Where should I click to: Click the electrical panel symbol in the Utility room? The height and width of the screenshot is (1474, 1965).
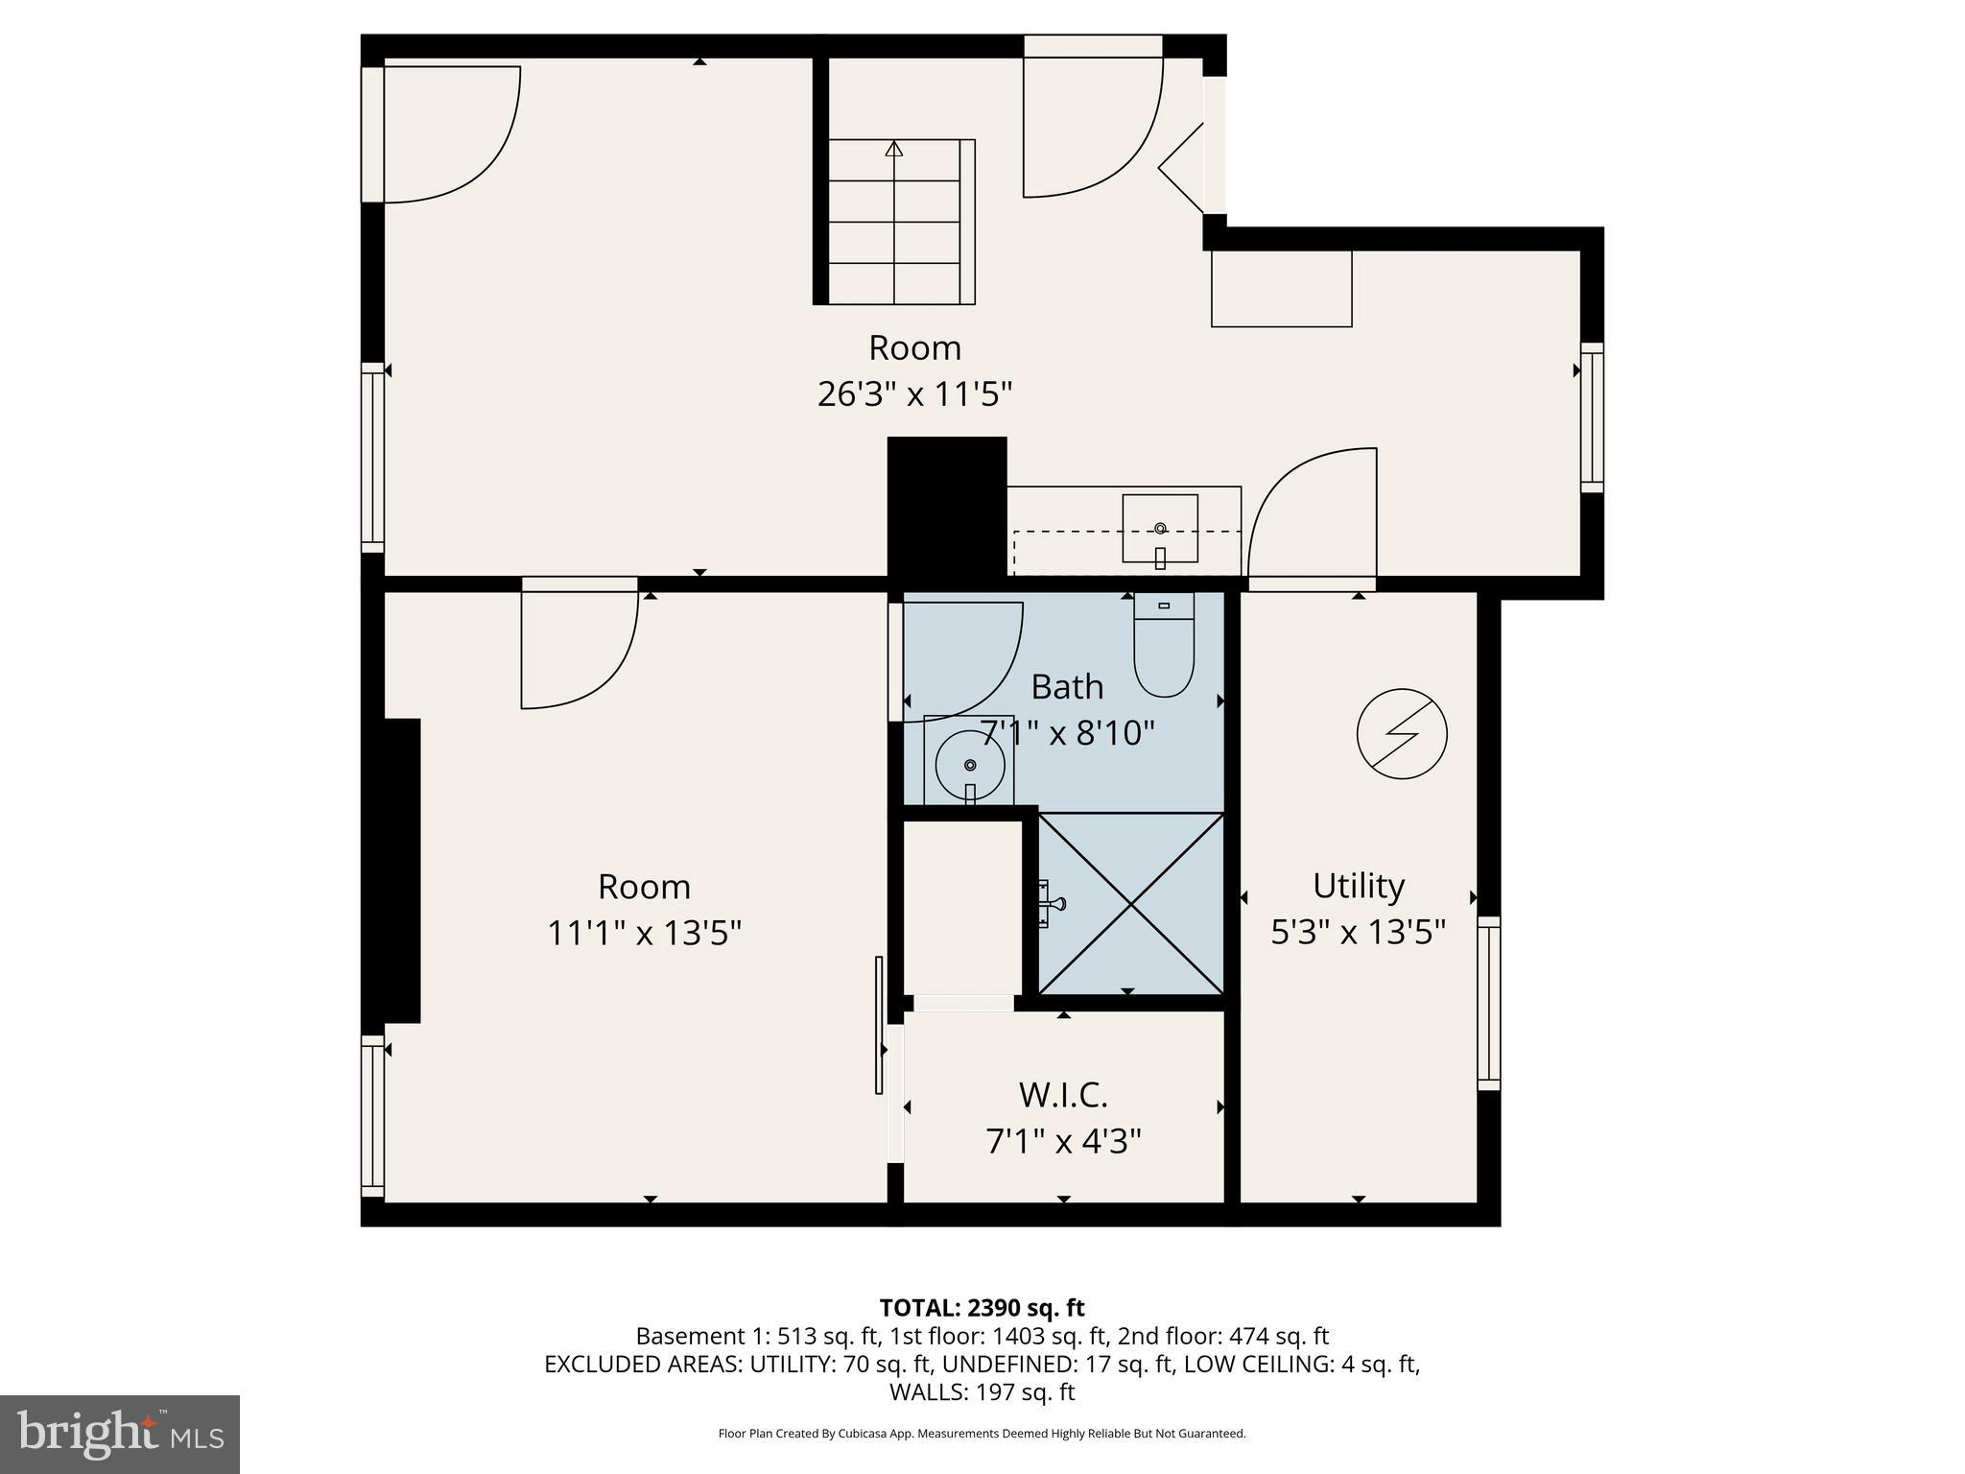click(x=1402, y=733)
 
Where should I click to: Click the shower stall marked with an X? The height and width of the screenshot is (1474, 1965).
click(x=1131, y=903)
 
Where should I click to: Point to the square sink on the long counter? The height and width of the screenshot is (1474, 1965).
click(x=1160, y=529)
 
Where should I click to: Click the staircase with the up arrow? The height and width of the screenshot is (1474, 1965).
click(x=894, y=222)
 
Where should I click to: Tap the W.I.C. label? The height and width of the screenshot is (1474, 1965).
click(x=1063, y=1094)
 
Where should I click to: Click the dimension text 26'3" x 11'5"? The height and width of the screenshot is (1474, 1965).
click(x=914, y=394)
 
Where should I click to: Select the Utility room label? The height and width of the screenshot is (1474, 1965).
click(x=1358, y=885)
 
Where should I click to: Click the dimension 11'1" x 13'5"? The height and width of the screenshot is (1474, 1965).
click(x=644, y=933)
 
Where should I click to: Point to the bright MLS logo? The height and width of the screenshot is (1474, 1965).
click(x=120, y=1434)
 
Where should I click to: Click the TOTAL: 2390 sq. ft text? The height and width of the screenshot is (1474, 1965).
click(x=982, y=1308)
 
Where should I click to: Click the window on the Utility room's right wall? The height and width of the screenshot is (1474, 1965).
click(x=1488, y=1003)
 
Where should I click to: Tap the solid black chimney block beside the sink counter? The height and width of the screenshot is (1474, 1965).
click(x=946, y=507)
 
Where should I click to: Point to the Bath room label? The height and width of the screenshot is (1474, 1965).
click(x=1067, y=687)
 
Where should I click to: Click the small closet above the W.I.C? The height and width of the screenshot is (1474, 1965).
click(x=962, y=907)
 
